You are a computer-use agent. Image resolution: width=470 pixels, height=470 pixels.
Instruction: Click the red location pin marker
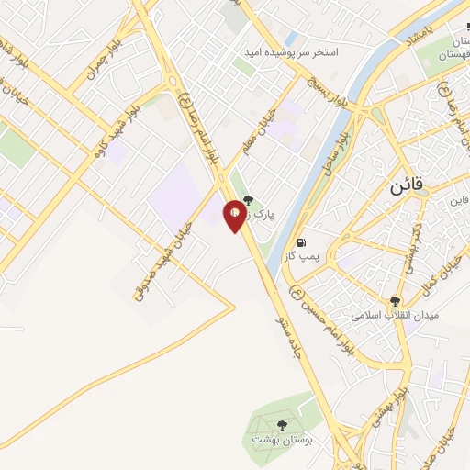(x=236, y=215)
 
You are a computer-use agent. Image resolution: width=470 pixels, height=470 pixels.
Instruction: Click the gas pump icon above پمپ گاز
(x=302, y=243)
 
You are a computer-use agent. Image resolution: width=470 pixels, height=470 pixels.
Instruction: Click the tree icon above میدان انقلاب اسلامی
(x=396, y=301)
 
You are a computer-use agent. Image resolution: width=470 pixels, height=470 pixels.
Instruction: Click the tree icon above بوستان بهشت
(x=281, y=426)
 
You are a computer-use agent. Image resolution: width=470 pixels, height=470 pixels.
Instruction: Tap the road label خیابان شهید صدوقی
(x=160, y=251)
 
